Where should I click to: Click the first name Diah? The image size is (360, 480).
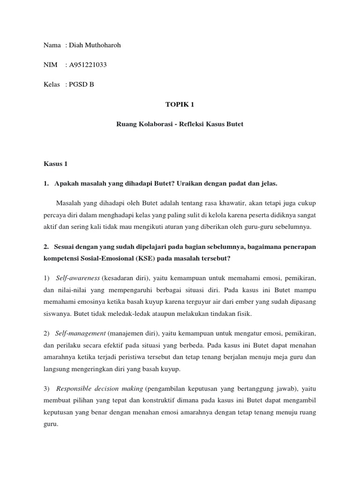click(76, 45)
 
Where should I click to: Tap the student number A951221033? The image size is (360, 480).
click(88, 65)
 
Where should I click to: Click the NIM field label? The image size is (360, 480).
click(50, 65)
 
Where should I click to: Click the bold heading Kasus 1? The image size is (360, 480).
click(56, 164)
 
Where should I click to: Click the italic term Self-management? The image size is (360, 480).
click(81, 333)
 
